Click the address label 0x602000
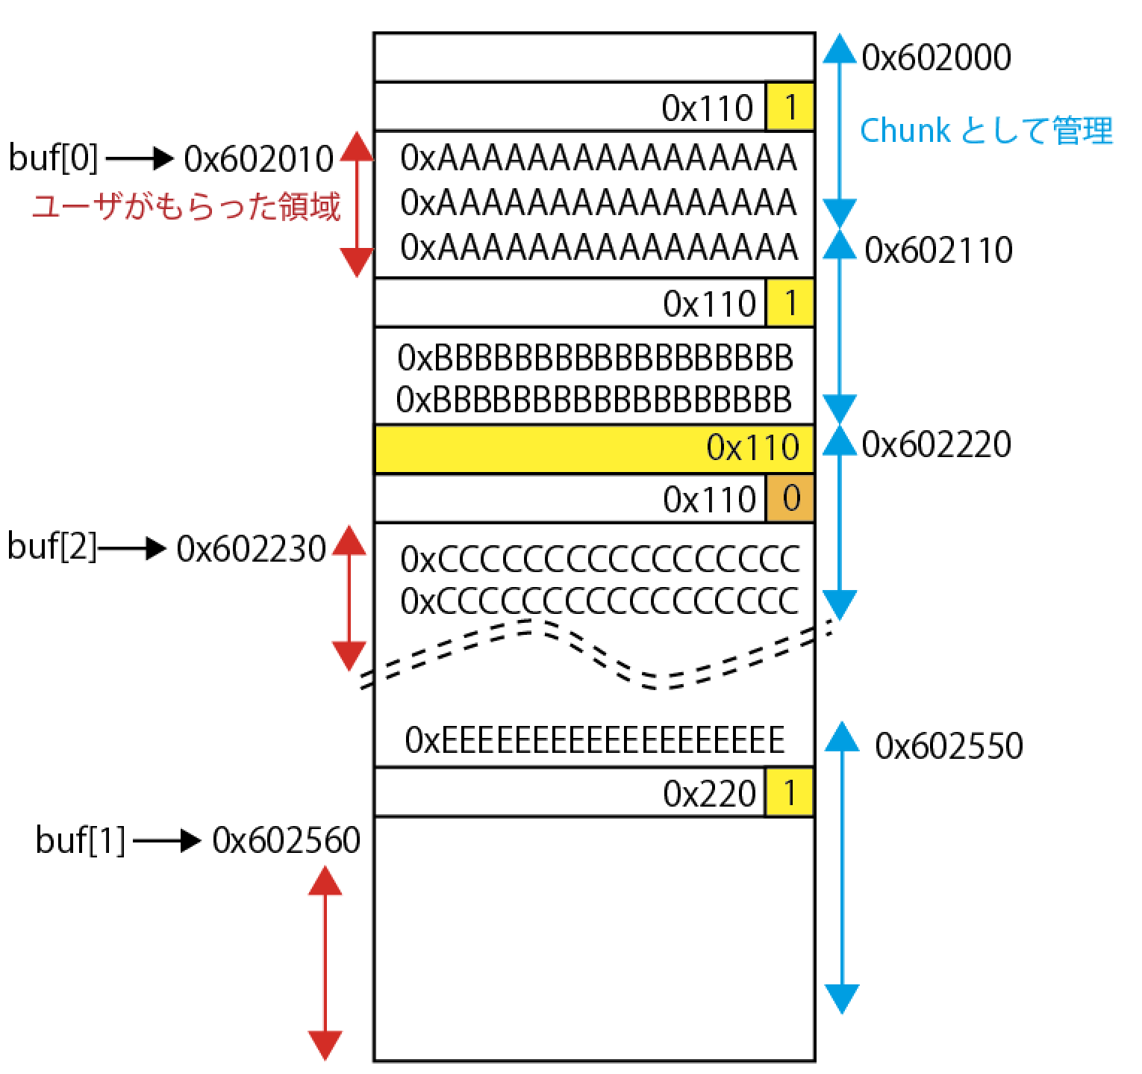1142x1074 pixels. click(x=936, y=58)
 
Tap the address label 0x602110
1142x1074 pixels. click(x=938, y=250)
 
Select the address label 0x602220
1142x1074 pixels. click(x=936, y=444)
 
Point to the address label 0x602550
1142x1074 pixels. click(x=948, y=745)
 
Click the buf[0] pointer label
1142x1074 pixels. click(x=53, y=158)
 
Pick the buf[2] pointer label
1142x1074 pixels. click(x=52, y=547)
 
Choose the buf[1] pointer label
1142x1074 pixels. click(x=80, y=841)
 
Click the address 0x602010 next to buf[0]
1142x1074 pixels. click(x=258, y=158)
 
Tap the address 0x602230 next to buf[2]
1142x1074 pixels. click(x=252, y=549)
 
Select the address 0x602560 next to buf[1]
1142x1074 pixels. click(x=286, y=841)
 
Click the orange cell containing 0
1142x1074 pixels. click(x=790, y=498)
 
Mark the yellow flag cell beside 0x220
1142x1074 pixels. click(x=790, y=792)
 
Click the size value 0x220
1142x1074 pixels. click(x=709, y=793)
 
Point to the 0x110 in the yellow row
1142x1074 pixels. click(x=752, y=448)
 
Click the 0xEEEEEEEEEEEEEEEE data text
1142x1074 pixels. click(x=594, y=739)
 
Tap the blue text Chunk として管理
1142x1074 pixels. click(x=985, y=131)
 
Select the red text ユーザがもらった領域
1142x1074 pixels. click(x=185, y=207)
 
